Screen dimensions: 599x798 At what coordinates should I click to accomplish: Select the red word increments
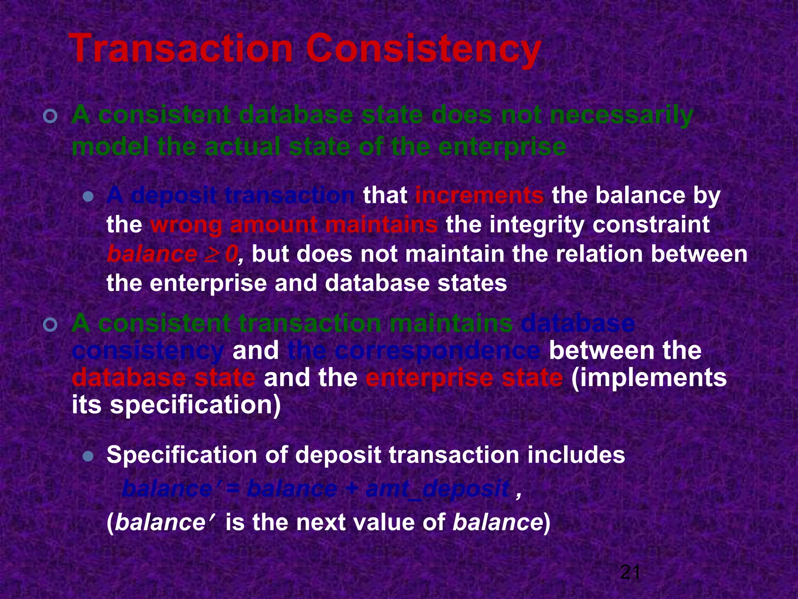click(x=479, y=195)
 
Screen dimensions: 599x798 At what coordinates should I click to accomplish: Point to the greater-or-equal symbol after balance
click(x=211, y=254)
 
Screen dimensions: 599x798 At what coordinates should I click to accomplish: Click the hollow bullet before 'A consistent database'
click(x=51, y=117)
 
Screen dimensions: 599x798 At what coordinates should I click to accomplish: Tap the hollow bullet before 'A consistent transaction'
click(x=51, y=324)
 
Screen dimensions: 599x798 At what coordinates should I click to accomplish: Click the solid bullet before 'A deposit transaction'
click(x=88, y=197)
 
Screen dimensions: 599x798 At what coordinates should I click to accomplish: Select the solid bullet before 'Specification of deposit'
click(x=88, y=456)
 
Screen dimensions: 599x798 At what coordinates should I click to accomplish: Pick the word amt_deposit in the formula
click(x=437, y=489)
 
